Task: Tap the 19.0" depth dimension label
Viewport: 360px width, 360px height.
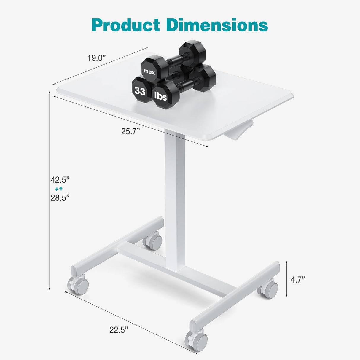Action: coord(96,58)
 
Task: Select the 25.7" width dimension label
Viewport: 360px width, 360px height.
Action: coord(130,131)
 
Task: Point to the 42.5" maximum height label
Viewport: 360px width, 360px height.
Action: coord(60,180)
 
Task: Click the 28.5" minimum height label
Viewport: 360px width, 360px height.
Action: coord(60,197)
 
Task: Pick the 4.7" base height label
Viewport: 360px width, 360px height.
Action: coord(298,279)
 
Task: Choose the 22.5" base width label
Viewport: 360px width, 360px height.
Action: coord(119,321)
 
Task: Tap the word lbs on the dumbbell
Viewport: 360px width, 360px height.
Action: coord(161,96)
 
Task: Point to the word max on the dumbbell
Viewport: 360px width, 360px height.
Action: coord(149,71)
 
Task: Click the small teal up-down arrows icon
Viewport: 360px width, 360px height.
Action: coord(59,189)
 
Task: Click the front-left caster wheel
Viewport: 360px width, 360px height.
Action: coord(79,285)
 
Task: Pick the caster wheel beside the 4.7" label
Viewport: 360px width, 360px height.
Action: coord(268,289)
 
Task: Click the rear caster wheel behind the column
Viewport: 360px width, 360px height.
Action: coord(153,241)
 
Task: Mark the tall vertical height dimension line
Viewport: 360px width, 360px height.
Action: coord(49,190)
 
